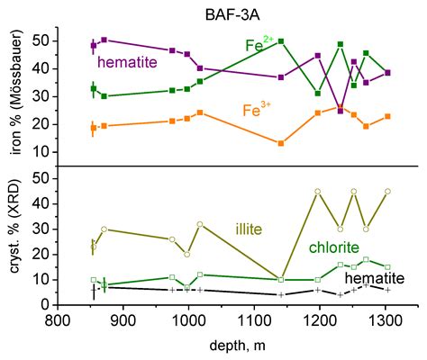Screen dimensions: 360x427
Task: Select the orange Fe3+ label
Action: click(x=261, y=111)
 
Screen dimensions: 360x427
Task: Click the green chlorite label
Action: click(x=334, y=247)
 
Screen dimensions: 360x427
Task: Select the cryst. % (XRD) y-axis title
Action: click(x=15, y=238)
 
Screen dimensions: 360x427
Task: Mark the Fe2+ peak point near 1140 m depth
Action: click(x=281, y=41)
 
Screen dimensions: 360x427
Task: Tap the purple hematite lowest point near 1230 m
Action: click(x=340, y=110)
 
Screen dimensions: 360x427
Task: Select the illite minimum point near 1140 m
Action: click(x=281, y=280)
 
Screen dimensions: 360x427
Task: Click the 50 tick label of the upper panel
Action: click(x=39, y=40)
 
